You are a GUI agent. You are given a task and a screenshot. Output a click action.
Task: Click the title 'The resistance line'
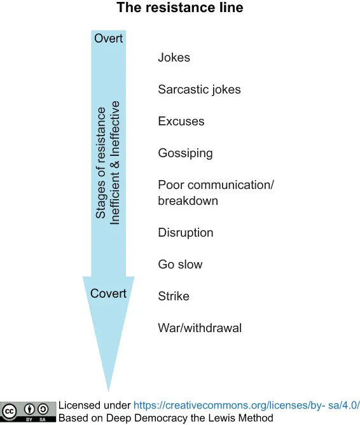coord(180,8)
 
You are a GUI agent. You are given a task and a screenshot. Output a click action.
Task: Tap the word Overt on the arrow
coord(108,38)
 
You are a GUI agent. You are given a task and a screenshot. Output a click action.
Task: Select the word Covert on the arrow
coord(108,293)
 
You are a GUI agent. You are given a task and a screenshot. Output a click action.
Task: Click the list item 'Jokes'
coord(174,57)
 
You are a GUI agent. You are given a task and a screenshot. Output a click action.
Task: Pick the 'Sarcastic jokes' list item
coord(199,90)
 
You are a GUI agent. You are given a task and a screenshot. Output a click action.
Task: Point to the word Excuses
coord(181,121)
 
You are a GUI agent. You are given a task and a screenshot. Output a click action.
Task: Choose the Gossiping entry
coord(185,153)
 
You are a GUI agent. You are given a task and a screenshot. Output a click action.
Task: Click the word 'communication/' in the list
coord(231,185)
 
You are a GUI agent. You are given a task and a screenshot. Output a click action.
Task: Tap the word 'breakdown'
coord(188,201)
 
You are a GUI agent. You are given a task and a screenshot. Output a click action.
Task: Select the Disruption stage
coord(186,233)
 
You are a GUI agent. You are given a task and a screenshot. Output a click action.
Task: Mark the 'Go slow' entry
coord(180,264)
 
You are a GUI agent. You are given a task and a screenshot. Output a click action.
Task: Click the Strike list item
coord(174,296)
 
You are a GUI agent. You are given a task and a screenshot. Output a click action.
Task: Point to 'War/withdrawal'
coord(200,328)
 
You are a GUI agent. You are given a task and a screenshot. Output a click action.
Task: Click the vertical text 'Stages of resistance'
coord(100,163)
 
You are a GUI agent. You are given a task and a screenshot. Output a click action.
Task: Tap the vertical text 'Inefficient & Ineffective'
coord(114,163)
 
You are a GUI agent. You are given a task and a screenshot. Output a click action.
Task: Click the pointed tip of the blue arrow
coord(108,391)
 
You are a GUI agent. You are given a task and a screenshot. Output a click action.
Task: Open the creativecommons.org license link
coord(247,405)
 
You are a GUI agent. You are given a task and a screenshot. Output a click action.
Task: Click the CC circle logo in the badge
coord(10,412)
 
